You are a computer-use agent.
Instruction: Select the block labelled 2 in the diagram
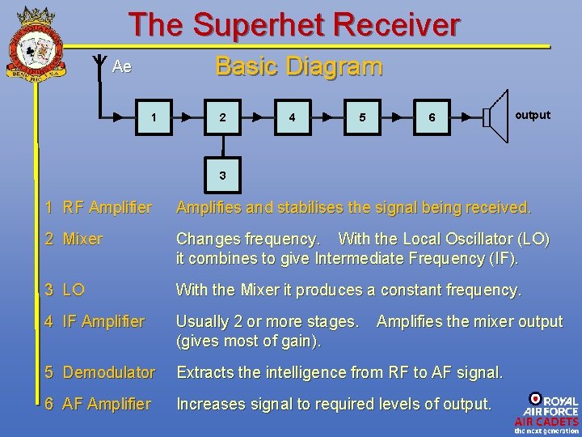(222, 117)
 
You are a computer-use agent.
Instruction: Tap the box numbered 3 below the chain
(222, 176)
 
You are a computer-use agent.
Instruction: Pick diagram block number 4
(292, 117)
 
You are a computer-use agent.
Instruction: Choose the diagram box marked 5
(362, 117)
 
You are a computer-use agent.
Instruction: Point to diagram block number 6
(432, 117)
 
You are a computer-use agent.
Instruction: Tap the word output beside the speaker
(533, 115)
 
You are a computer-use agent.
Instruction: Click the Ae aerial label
(122, 67)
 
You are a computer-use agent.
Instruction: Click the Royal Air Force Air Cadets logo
(546, 413)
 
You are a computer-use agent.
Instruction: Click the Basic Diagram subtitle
(298, 66)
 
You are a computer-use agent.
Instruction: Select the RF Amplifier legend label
(99, 208)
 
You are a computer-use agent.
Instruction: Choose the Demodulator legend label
(100, 372)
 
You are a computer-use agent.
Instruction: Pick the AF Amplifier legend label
(98, 403)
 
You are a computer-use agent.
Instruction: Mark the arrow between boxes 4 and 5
(327, 117)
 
